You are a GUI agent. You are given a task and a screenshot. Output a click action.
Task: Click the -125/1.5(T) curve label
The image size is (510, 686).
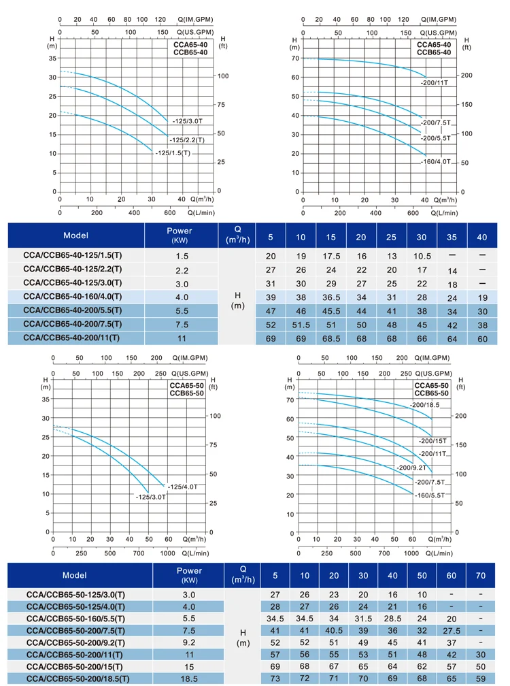click(173, 153)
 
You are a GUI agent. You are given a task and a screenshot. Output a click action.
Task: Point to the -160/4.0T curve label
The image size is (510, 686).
click(436, 161)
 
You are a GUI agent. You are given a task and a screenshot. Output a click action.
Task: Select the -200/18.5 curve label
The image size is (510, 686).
click(425, 405)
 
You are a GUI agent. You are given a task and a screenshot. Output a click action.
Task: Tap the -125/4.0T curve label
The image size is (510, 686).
click(183, 487)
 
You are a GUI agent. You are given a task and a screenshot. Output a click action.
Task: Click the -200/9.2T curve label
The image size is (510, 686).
click(411, 468)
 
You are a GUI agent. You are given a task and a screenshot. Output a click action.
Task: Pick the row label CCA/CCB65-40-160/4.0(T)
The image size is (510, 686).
click(73, 297)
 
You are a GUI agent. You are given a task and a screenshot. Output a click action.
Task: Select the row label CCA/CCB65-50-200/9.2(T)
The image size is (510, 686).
click(75, 642)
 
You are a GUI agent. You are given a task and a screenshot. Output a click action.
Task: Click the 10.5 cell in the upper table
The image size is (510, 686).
click(422, 256)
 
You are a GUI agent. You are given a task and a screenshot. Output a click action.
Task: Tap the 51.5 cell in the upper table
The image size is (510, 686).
click(301, 325)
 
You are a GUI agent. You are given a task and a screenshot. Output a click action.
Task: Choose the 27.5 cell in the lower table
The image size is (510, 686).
click(452, 631)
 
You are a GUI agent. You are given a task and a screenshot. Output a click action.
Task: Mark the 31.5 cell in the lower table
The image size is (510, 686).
click(363, 619)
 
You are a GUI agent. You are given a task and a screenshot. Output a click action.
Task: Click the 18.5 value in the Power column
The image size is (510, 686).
click(189, 679)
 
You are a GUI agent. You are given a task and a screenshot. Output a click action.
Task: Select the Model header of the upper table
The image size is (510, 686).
click(75, 235)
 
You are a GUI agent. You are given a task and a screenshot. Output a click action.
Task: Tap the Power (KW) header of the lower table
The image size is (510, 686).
click(189, 575)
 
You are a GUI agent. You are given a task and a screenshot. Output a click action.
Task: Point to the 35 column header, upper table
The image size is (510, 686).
click(452, 237)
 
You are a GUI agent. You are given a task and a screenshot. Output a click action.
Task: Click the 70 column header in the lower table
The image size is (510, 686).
click(480, 576)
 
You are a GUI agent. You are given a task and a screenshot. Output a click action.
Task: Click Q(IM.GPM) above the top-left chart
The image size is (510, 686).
click(195, 19)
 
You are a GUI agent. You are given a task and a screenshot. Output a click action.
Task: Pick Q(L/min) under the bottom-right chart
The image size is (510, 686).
click(439, 553)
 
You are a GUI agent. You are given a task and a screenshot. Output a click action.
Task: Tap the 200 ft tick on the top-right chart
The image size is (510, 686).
click(466, 76)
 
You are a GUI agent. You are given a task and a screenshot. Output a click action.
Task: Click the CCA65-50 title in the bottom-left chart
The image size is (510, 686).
click(186, 385)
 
